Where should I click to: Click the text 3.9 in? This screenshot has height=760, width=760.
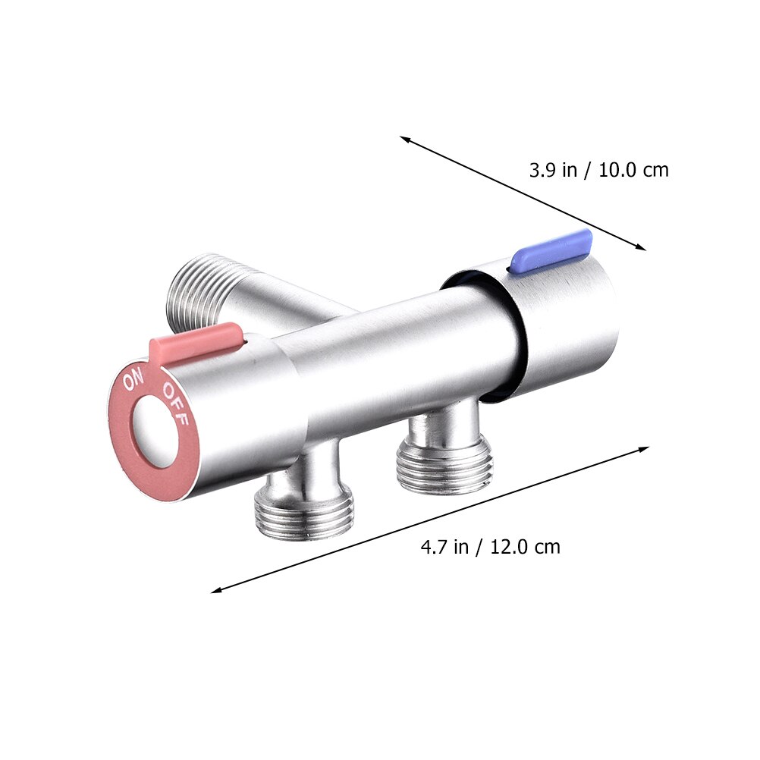553,170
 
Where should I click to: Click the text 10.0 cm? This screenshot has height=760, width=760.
634,170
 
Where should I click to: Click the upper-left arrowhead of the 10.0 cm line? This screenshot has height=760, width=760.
404,139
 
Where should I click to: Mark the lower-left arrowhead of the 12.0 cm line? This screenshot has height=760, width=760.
215,589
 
